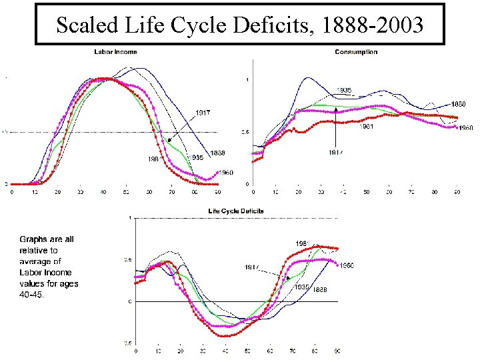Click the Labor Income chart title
tap(115, 52)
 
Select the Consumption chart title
tap(356, 52)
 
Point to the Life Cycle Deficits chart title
tap(236, 211)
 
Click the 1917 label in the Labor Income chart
tap(203, 113)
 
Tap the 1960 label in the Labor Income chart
tap(227, 173)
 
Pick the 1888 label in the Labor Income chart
tap(217, 153)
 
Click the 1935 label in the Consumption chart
tap(344, 90)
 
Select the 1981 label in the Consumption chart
tap(367, 127)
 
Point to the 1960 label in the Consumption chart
tap(465, 128)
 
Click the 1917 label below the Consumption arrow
tap(336, 152)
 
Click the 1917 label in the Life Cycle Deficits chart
tap(251, 267)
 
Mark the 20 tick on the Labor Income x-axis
tap(57, 193)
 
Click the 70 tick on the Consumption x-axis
tap(411, 193)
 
